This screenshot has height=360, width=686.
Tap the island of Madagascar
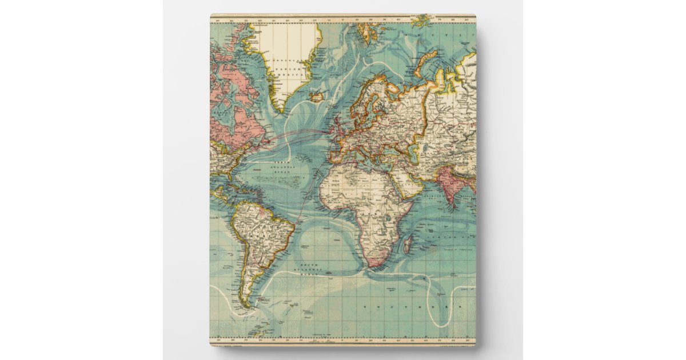(407, 246)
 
